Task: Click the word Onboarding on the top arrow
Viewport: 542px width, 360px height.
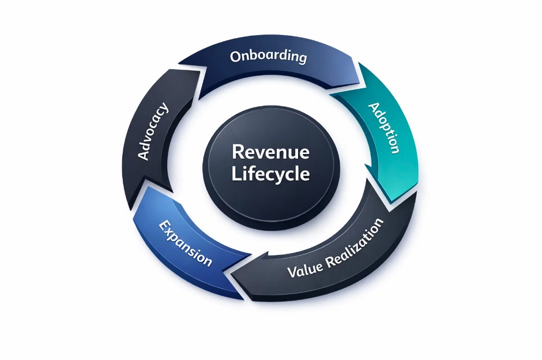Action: [268, 57]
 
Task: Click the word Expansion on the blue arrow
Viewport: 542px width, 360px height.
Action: [185, 243]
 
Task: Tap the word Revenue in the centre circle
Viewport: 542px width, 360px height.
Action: [270, 152]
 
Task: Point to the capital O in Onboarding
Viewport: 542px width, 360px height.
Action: [235, 57]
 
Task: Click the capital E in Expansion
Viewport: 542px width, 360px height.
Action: [163, 226]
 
